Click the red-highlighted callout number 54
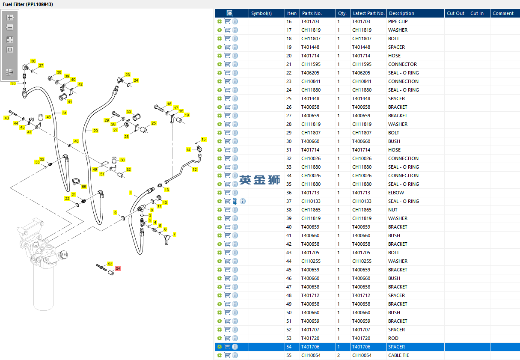118,268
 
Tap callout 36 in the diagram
33,61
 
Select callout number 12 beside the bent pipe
195,170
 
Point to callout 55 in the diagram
84,187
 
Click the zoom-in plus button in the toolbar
10,18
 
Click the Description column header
401,13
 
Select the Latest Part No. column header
368,13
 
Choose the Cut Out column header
455,13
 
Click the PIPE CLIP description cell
398,21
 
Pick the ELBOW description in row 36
396,193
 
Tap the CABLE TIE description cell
398,355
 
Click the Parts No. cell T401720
310,338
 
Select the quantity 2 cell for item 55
339,355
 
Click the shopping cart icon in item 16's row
227,21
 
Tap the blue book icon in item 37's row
235,201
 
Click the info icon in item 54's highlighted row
235,347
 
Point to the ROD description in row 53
393,338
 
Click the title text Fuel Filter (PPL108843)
28,4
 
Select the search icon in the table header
229,13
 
